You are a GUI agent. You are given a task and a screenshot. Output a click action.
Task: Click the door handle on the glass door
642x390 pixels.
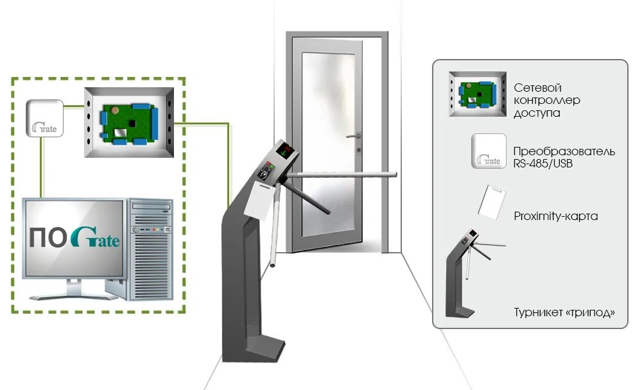tap(353, 136)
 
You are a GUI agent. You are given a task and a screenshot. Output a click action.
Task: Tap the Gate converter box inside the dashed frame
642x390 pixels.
tap(44, 117)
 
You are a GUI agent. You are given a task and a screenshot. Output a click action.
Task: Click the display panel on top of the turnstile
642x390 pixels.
tap(285, 151)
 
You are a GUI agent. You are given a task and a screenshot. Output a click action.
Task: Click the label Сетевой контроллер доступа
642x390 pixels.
tap(546, 100)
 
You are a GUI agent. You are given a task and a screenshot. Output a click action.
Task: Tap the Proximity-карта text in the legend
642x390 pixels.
tap(556, 216)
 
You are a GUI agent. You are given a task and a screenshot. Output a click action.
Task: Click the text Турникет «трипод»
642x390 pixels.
tap(564, 313)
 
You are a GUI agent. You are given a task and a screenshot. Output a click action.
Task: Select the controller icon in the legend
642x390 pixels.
tap(477, 94)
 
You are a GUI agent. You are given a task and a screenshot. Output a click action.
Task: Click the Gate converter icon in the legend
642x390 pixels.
tap(488, 151)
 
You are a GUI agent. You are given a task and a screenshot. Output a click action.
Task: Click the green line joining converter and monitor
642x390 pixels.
tap(42, 167)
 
